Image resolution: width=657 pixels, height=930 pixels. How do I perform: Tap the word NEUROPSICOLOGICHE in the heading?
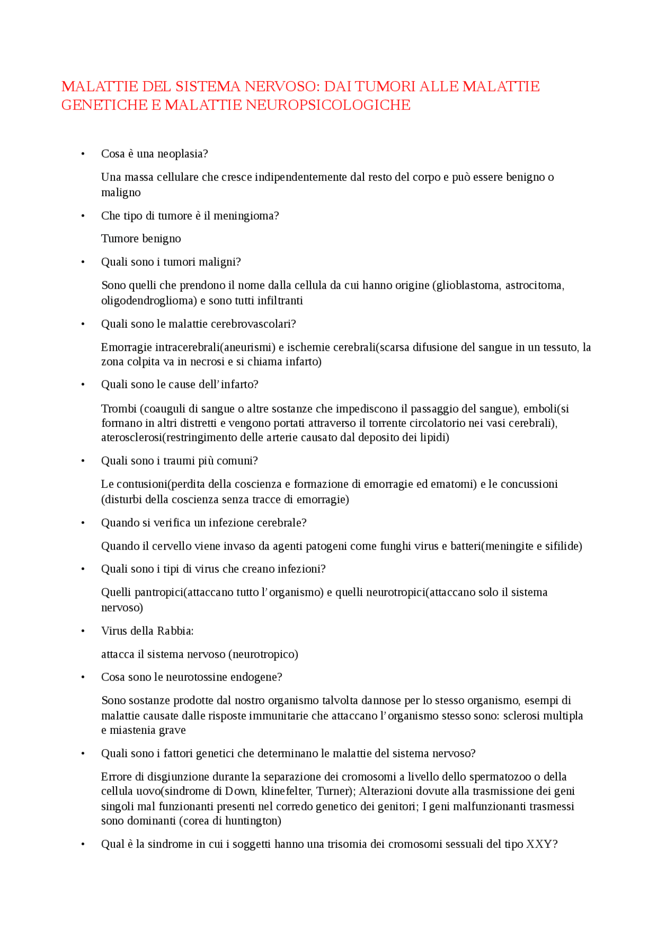(x=328, y=105)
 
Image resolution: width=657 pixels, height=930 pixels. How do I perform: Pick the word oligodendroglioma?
(x=149, y=300)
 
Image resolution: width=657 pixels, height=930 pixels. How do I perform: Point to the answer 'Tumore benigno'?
(x=141, y=238)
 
